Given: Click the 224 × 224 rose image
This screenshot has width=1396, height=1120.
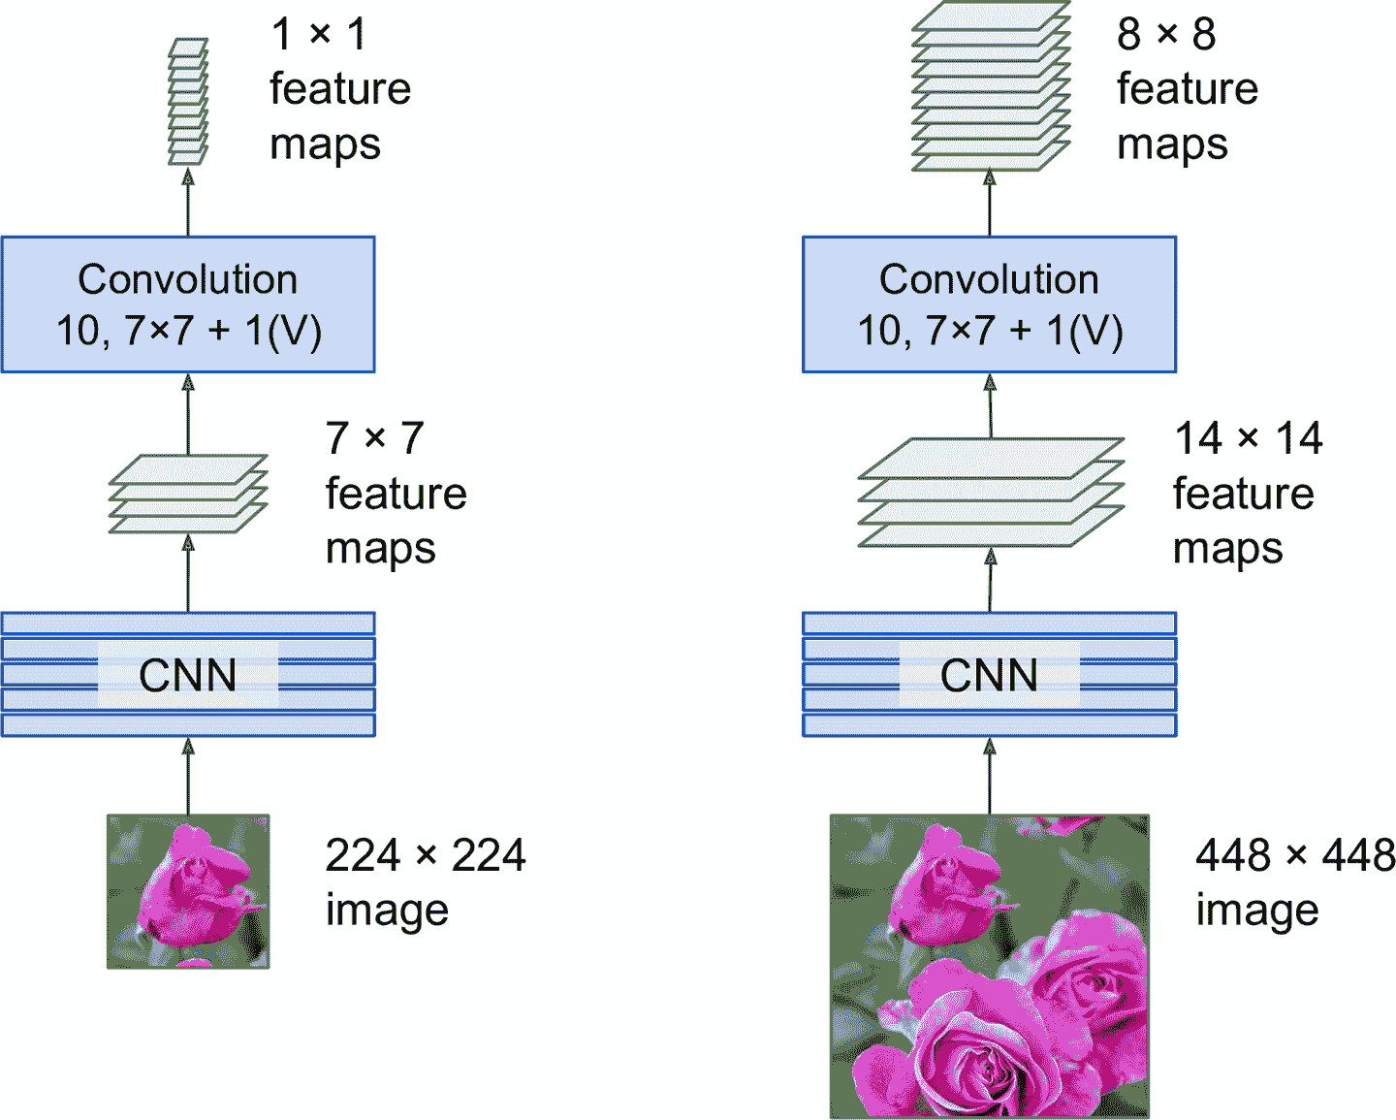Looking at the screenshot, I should coord(188,891).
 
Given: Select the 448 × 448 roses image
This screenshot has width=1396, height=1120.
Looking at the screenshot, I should coord(990,966).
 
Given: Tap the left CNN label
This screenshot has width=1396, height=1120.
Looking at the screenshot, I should coord(188,675).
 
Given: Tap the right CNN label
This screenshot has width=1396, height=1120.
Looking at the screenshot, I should coord(989,675).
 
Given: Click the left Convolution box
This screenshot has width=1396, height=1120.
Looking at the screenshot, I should coord(188,304).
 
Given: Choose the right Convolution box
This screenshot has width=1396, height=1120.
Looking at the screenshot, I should coord(989,304).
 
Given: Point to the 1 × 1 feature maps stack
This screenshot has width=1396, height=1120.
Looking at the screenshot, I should coord(188,102).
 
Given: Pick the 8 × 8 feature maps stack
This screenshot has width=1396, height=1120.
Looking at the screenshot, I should coord(990,87).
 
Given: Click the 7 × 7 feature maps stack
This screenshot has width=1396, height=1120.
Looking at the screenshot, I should coord(188,494).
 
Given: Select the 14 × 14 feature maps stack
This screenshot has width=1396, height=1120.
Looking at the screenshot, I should coord(990,493).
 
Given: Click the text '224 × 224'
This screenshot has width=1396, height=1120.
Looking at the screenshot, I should coord(426,855).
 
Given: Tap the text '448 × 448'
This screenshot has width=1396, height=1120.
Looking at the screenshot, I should coord(1295,855).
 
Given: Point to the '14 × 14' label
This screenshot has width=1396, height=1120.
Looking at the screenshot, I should coord(1249,438).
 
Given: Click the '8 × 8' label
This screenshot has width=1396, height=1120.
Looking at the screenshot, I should coord(1166,34).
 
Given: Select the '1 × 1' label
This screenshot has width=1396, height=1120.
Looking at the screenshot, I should coord(319,34).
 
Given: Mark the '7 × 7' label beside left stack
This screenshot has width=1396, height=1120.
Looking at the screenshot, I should coord(375,438).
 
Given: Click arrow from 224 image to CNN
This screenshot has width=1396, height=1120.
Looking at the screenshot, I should coord(188,776).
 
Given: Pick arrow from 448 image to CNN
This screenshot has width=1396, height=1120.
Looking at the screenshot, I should coord(990,776).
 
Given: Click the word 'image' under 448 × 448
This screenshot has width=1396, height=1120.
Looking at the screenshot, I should coord(1256,911).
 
